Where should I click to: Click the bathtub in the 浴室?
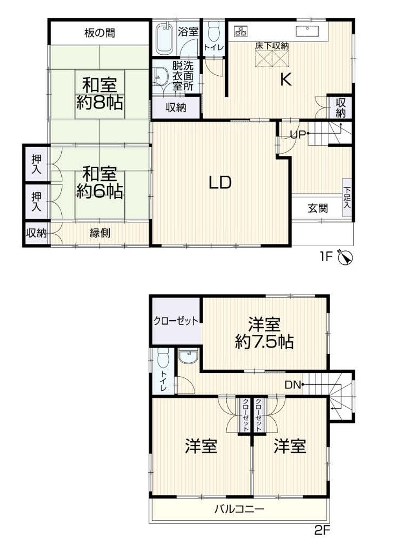tap(164, 38)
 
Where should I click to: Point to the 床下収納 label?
tap(271, 45)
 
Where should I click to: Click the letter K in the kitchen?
tap(286, 80)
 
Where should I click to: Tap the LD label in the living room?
tap(220, 182)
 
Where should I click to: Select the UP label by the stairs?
tap(298, 134)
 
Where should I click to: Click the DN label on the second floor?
tap(293, 385)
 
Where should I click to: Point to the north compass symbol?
tap(346, 257)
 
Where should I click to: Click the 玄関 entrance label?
tap(318, 208)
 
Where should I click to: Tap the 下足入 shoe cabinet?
tap(347, 198)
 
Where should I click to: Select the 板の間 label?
tap(99, 33)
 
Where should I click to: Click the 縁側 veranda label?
tap(100, 233)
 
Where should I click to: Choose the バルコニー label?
tap(239, 509)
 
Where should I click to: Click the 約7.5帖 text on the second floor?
tap(264, 342)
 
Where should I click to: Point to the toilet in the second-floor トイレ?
tap(163, 358)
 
